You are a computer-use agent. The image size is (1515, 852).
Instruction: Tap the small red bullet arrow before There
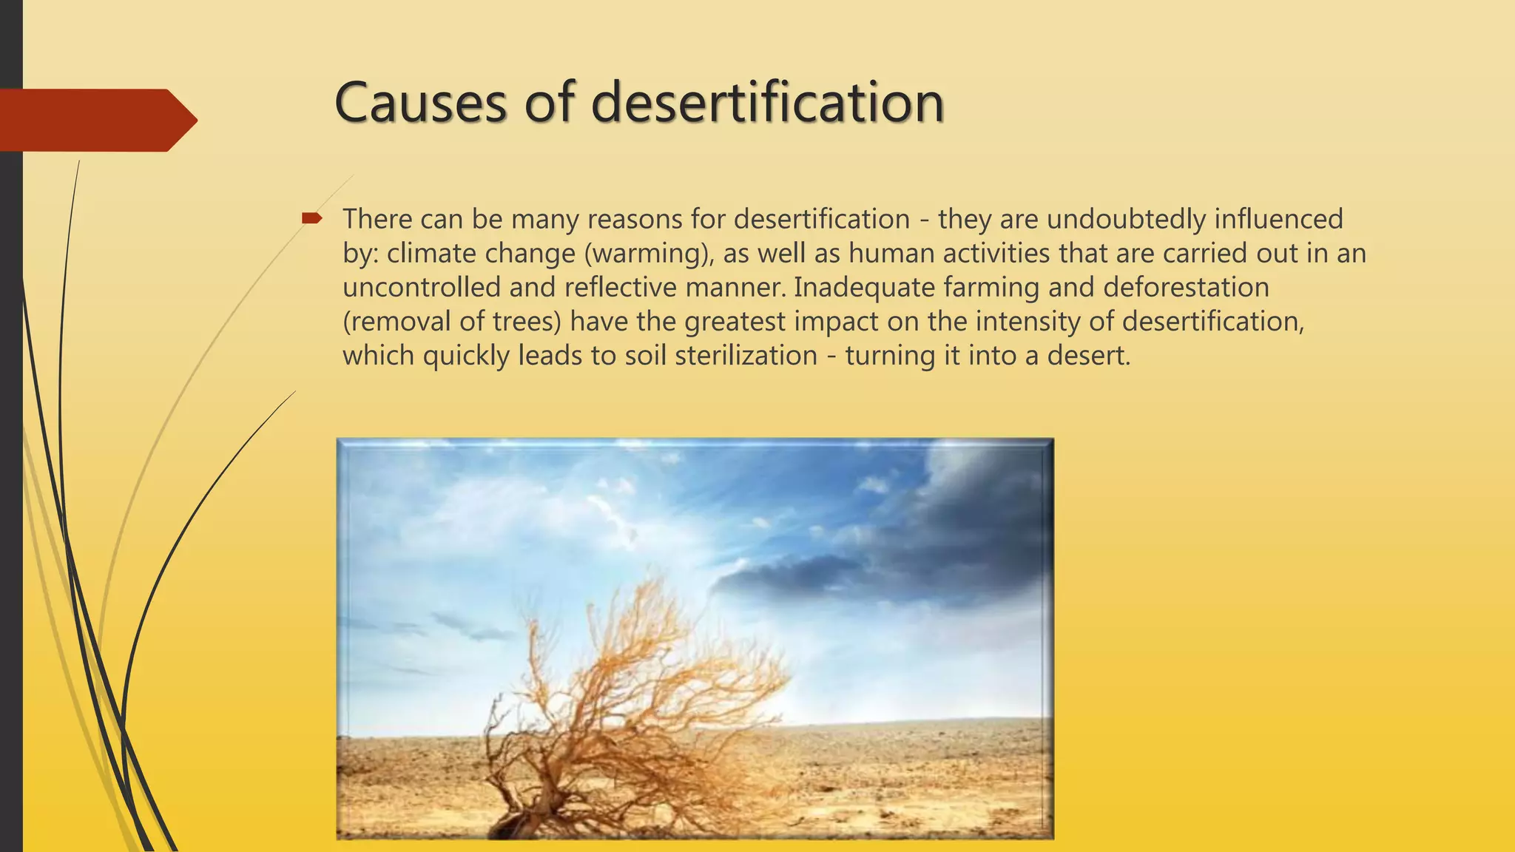pos(311,217)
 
